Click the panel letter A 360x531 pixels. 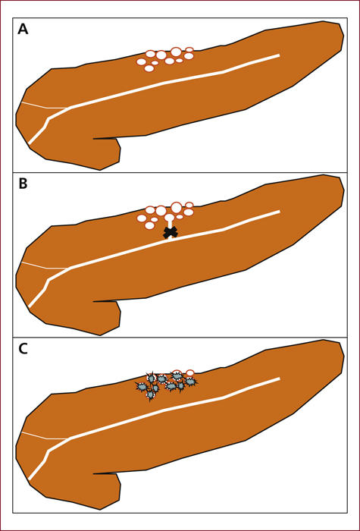(x=23, y=30)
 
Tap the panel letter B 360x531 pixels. (x=23, y=184)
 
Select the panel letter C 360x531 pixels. (x=23, y=349)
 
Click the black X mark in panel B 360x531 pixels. (x=171, y=232)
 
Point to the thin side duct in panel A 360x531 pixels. (x=45, y=105)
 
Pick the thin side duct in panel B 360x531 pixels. (x=45, y=265)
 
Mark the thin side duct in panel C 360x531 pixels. (x=45, y=436)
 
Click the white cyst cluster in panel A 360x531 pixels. (x=165, y=59)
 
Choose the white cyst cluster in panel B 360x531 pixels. (x=165, y=215)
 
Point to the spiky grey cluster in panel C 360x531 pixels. (x=166, y=385)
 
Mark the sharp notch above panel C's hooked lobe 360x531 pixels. (x=94, y=473)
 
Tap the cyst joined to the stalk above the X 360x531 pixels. (x=169, y=217)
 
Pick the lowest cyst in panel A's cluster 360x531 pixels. (x=149, y=68)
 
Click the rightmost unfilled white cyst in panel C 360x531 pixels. (x=190, y=373)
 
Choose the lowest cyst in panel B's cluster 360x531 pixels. (x=149, y=225)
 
